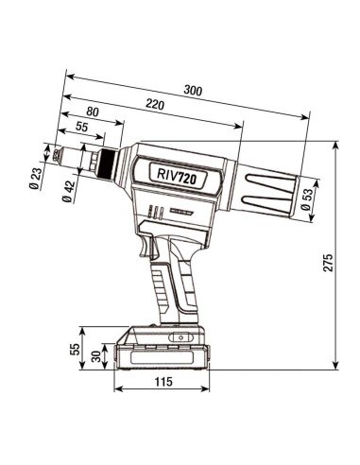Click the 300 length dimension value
pos(194,91)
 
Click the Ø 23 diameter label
pos(35,179)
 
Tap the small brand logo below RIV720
pos(180,206)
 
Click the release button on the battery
pos(177,336)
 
